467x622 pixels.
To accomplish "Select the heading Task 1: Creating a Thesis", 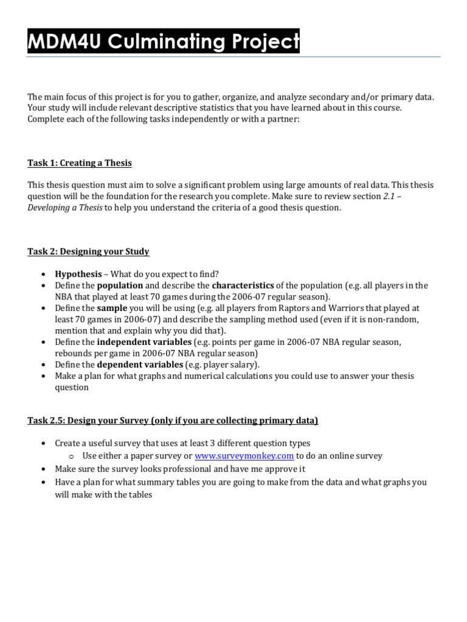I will (x=80, y=163).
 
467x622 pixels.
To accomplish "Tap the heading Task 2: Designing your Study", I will (x=88, y=251).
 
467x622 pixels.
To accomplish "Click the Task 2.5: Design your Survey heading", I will (x=173, y=420).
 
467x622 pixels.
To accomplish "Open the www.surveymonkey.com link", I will (x=244, y=456).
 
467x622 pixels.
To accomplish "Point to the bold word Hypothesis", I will (x=78, y=273).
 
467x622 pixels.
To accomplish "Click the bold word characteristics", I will (x=243, y=285).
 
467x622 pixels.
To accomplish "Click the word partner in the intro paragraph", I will (x=282, y=119).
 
